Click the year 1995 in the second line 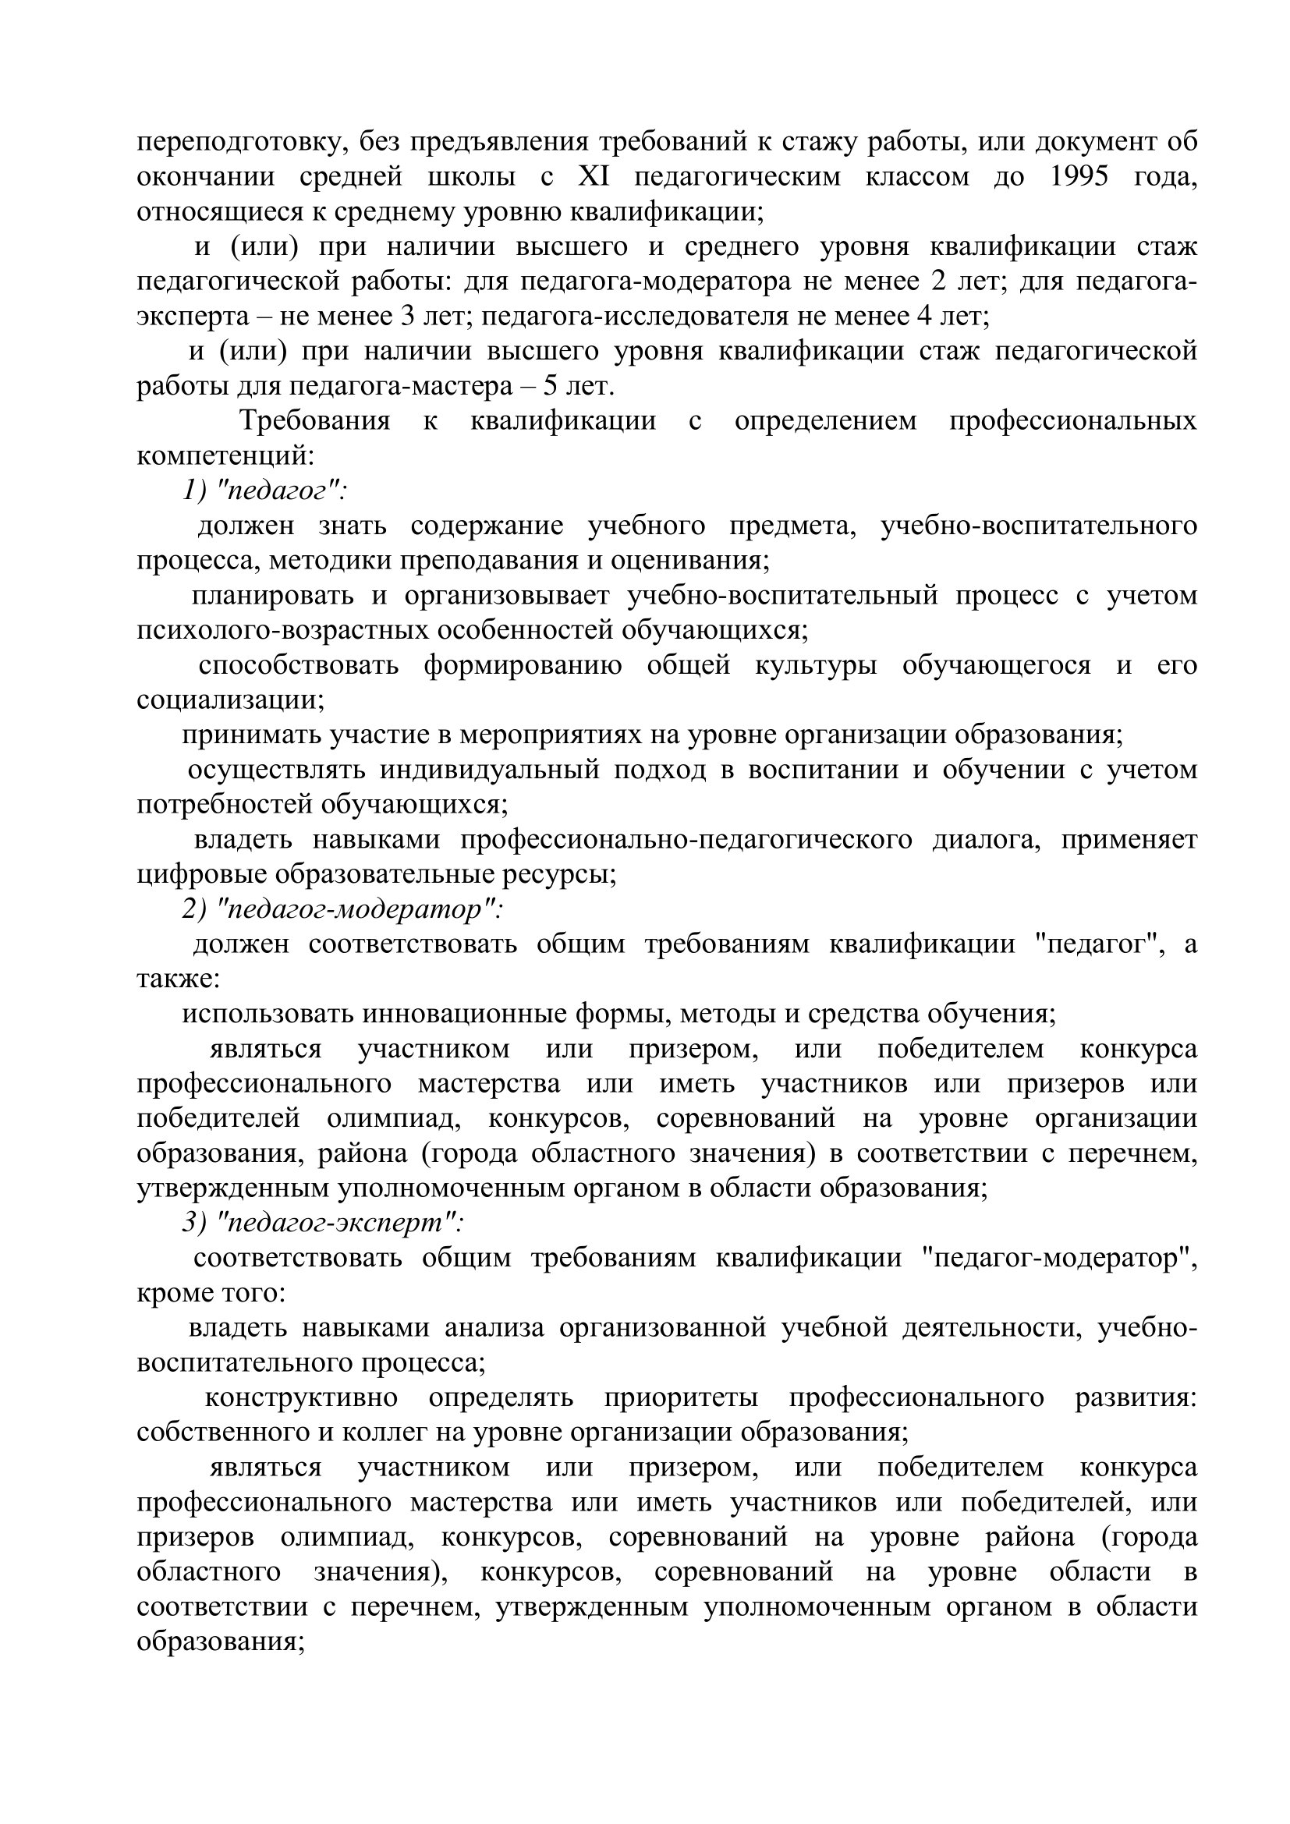tap(1079, 176)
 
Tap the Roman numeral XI tap(594, 176)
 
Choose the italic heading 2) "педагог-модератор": tap(342, 908)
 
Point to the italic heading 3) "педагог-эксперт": tap(323, 1223)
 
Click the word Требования tap(314, 420)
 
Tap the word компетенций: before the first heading tap(225, 456)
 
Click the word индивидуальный tap(488, 770)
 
